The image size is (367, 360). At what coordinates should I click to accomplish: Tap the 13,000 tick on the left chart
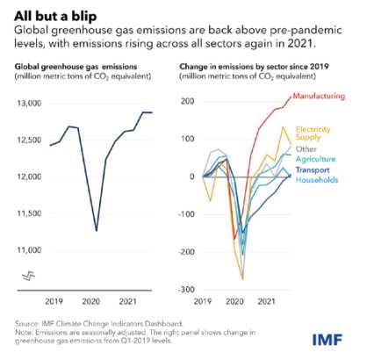[x=27, y=104]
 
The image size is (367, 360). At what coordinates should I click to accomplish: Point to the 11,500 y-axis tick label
[x=27, y=214]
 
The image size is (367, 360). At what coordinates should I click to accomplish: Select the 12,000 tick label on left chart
[x=27, y=177]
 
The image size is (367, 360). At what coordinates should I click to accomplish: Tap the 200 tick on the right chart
[x=187, y=102]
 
